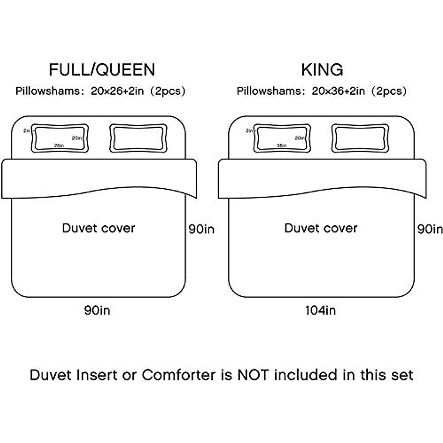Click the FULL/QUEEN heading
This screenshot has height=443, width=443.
coord(102,69)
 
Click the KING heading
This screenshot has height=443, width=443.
coord(322,69)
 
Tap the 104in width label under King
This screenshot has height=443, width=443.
coord(320,310)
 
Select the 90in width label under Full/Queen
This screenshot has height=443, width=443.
coord(97,310)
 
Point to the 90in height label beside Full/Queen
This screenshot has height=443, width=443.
coord(201,229)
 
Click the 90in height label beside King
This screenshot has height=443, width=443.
coord(430,229)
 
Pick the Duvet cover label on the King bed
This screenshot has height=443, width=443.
coord(320,228)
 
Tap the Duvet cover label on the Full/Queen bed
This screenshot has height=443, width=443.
coord(98,228)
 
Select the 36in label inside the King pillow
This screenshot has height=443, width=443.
coord(281,145)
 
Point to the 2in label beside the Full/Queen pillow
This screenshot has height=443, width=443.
coord(27,131)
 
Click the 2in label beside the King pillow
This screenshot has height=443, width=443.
coord(250,131)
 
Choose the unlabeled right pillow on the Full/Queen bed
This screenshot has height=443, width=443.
coord(138,138)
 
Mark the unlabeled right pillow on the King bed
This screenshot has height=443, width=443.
coord(360,138)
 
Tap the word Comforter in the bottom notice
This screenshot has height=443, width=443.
coord(178,375)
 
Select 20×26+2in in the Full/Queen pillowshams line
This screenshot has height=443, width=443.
coord(117,91)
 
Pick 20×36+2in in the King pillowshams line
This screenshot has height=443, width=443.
coord(338,91)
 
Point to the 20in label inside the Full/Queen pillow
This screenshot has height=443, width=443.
coord(77,138)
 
